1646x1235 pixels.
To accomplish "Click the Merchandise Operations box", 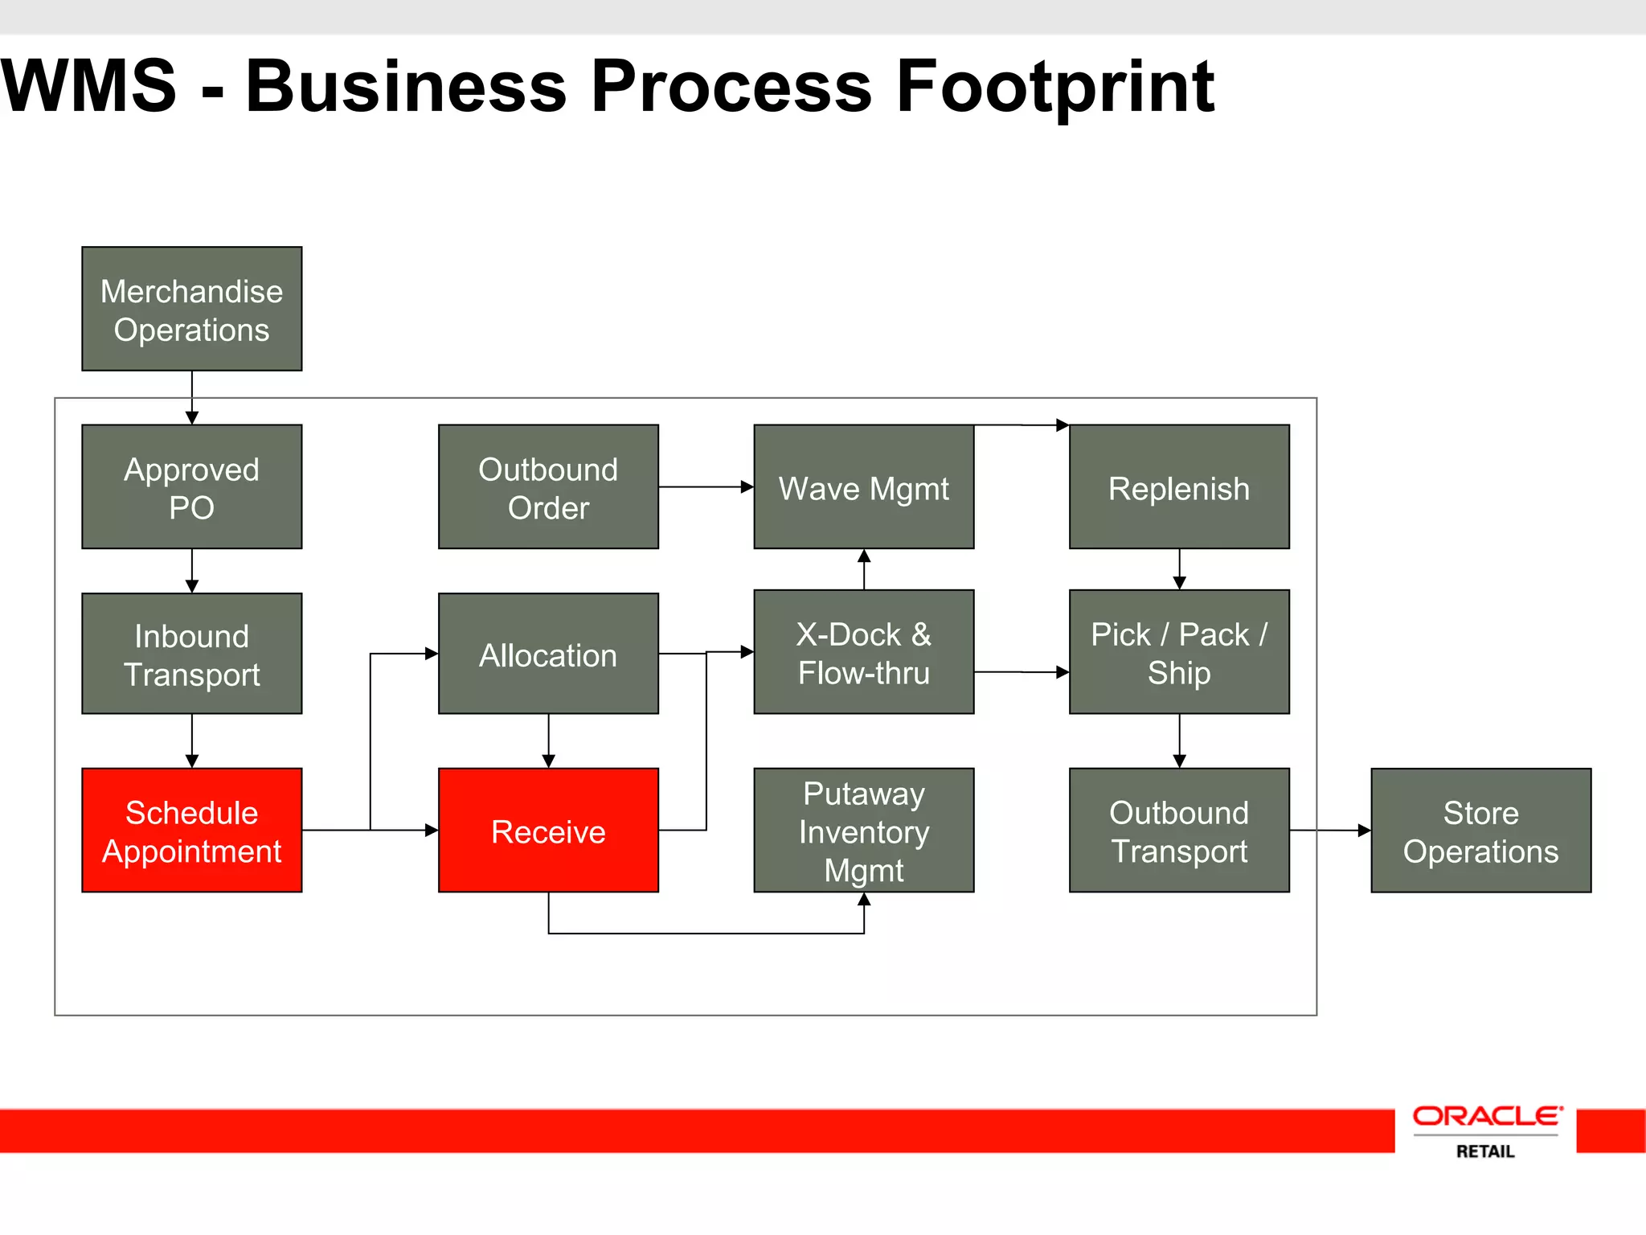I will pos(192,309).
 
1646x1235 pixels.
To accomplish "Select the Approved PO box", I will pos(192,486).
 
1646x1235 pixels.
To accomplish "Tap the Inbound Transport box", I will pos(192,654).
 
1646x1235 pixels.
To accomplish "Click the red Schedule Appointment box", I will pos(192,830).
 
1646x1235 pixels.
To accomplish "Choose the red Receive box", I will pos(548,830).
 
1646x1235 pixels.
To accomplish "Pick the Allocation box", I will pos(548,654).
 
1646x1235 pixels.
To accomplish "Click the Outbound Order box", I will pos(548,486).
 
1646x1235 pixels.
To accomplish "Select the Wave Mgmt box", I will pos(864,486).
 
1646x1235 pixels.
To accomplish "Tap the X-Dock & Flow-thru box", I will pos(864,652).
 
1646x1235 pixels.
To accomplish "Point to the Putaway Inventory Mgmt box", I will pos(864,830).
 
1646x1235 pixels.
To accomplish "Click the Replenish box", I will pos(1179,486).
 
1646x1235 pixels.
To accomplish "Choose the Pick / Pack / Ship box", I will pos(1179,652).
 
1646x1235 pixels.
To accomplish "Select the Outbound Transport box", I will pos(1179,830).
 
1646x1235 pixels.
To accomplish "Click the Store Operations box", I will pos(1480,830).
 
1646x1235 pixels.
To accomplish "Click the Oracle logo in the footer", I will pos(1487,1116).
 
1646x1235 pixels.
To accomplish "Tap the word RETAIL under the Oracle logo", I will pos(1485,1151).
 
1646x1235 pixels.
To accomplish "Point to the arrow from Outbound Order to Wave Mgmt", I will pos(706,486).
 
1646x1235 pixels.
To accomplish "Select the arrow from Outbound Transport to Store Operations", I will pos(1330,830).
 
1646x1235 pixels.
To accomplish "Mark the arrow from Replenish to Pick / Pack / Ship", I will pos(1179,569).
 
